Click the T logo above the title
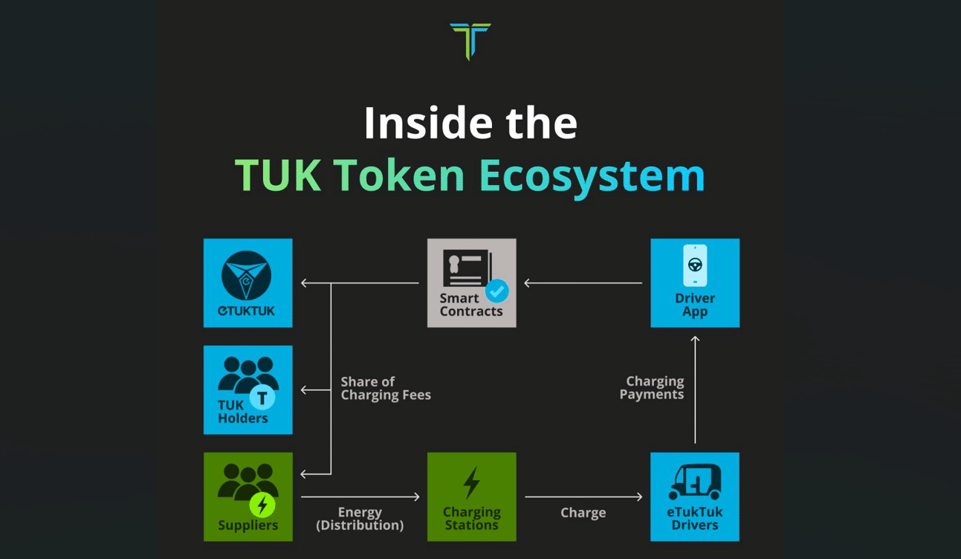tap(470, 40)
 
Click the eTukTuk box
tap(248, 283)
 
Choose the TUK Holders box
tap(248, 390)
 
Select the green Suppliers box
tap(248, 497)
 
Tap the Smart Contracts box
tap(471, 283)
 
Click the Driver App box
tap(695, 283)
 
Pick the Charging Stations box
tap(471, 497)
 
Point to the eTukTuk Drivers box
tap(695, 497)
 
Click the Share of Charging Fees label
tap(386, 388)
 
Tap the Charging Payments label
tap(652, 388)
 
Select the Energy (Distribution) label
tap(360, 519)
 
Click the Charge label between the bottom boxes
tap(583, 513)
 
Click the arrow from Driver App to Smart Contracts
tap(583, 283)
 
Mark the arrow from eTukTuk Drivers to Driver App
tap(695, 390)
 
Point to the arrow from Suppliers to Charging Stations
tap(360, 497)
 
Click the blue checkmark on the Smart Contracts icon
tap(497, 290)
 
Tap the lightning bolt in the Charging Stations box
tap(471, 482)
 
